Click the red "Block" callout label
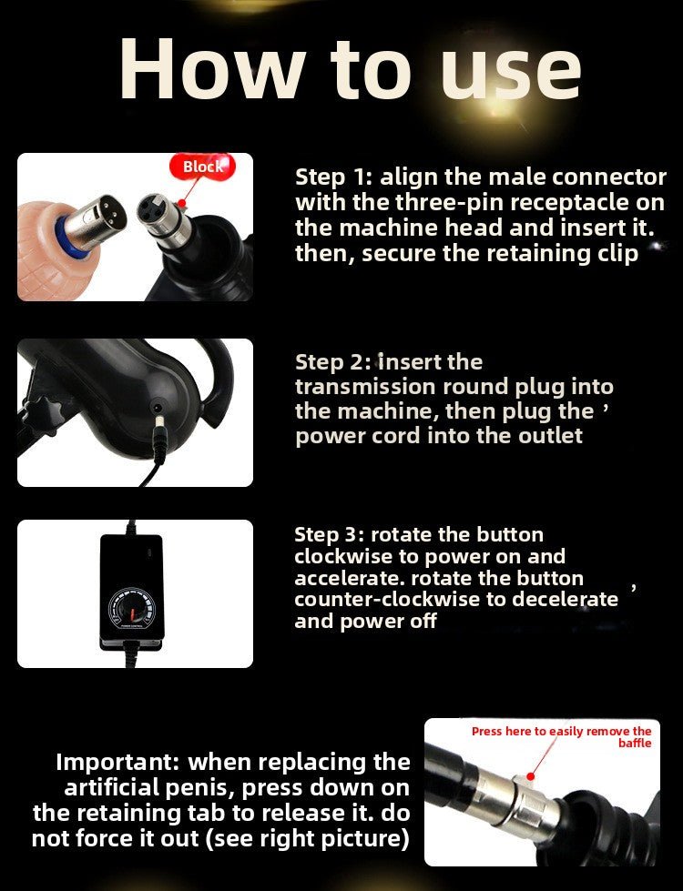(x=201, y=167)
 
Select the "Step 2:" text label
(x=331, y=361)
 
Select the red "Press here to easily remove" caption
(x=561, y=731)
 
